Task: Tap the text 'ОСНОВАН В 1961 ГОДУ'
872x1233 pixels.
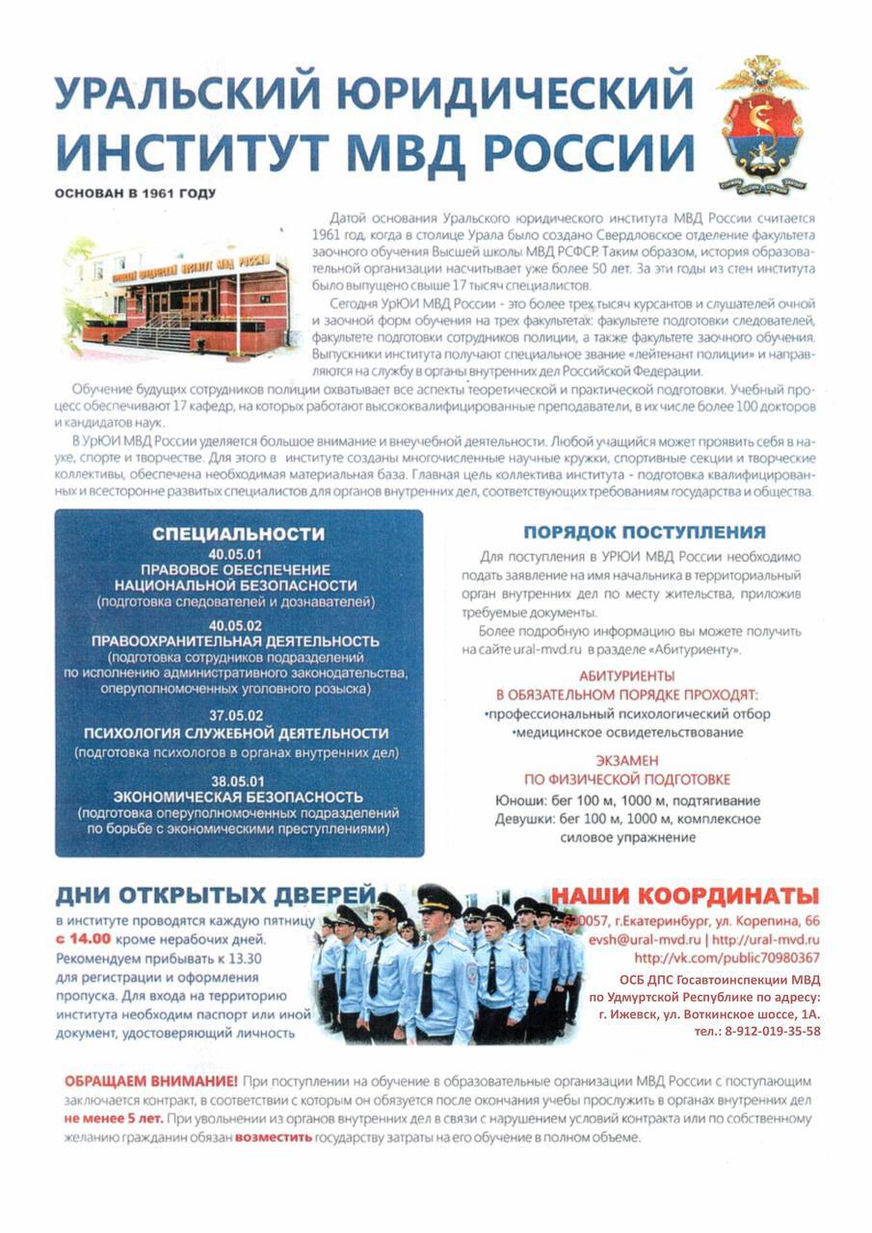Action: click(136, 193)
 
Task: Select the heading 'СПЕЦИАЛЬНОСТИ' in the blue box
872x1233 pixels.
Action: click(239, 535)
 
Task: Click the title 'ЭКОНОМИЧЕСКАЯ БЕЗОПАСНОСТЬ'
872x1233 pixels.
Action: click(238, 798)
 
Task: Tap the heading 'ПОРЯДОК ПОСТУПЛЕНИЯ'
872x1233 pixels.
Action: click(644, 533)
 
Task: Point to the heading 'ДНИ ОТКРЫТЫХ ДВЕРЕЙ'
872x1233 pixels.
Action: click(215, 896)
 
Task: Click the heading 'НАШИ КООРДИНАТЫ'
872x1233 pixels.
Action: click(685, 895)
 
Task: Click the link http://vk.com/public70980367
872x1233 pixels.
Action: click(727, 958)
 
